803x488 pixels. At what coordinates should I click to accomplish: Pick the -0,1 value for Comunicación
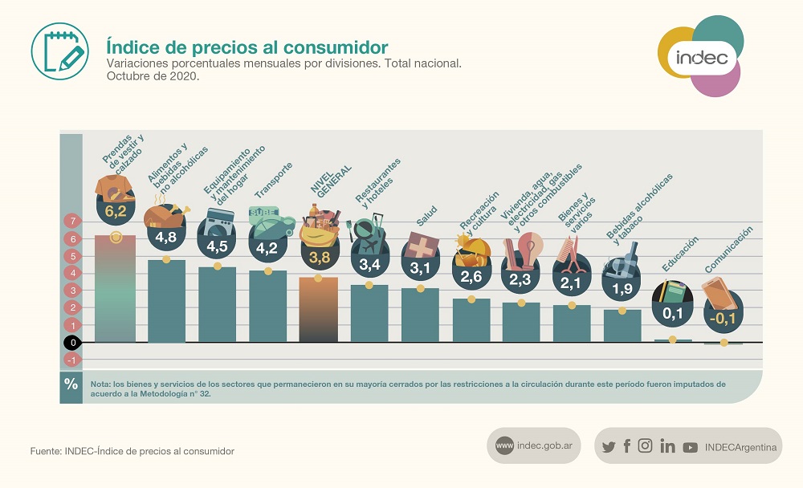(724, 317)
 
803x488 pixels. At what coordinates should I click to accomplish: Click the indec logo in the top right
(701, 58)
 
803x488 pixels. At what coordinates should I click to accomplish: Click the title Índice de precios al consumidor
(247, 47)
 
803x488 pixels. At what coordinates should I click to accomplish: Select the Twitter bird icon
(609, 447)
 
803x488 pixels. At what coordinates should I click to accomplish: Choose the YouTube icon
(690, 447)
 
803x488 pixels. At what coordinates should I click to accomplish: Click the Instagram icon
(645, 446)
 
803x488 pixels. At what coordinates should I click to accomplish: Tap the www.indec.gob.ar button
(533, 446)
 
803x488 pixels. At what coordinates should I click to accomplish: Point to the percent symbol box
(71, 384)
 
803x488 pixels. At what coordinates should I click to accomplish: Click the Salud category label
(427, 220)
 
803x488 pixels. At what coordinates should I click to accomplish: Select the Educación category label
(680, 254)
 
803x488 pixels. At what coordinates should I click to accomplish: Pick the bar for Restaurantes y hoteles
(369, 315)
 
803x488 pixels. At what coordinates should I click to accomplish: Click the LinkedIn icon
(667, 446)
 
